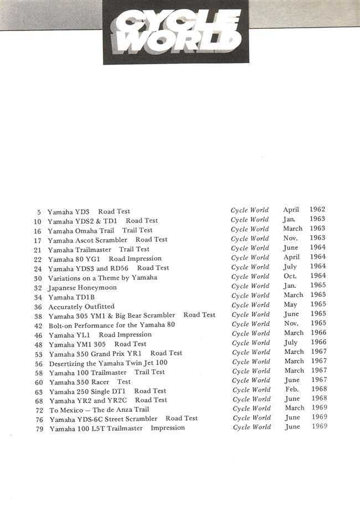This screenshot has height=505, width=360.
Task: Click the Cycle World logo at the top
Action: (x=176, y=32)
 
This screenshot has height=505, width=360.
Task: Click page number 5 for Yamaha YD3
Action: (x=39, y=212)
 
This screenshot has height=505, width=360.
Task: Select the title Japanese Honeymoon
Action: (x=82, y=287)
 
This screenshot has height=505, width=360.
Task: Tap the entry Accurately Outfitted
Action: (x=81, y=306)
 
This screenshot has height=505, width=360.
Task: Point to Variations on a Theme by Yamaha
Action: (x=102, y=277)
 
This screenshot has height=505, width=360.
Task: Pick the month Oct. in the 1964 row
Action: (x=290, y=276)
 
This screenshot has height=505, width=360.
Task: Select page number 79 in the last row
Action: (x=39, y=429)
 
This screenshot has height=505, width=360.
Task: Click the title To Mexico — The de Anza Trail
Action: (x=99, y=410)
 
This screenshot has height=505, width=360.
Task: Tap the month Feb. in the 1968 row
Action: (x=291, y=389)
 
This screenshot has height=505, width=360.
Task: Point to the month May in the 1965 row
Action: (x=291, y=305)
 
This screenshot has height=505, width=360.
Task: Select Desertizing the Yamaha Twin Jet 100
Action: (x=108, y=363)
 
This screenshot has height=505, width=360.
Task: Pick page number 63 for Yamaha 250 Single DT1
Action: (x=39, y=391)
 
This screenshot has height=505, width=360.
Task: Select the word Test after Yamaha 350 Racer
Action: (x=124, y=382)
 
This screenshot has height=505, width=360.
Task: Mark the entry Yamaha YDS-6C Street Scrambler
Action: (x=103, y=419)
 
